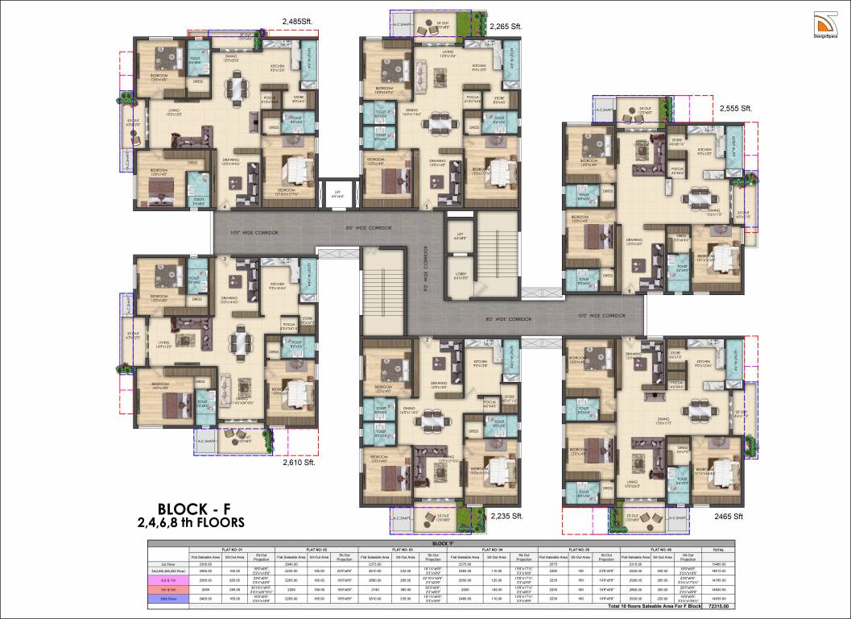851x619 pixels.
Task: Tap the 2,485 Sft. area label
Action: pyautogui.click(x=299, y=22)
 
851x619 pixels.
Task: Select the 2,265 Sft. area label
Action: pyautogui.click(x=506, y=27)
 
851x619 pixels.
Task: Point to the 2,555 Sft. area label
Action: pyautogui.click(x=735, y=108)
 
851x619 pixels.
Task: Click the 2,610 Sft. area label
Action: pyautogui.click(x=299, y=463)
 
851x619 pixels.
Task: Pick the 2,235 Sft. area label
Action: pyautogui.click(x=507, y=515)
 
